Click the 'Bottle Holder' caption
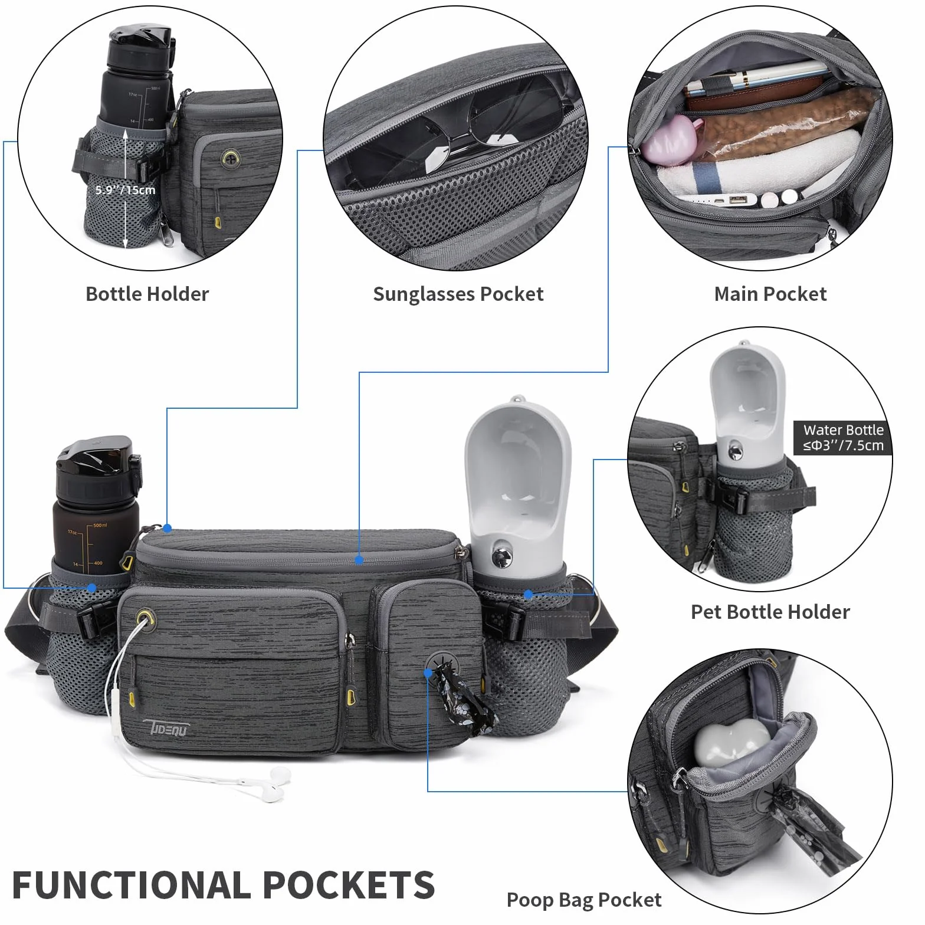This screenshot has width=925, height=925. (147, 294)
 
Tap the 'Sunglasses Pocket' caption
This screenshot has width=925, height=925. (458, 294)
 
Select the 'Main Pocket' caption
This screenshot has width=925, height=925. (770, 294)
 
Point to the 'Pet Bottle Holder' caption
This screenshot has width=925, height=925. (770, 612)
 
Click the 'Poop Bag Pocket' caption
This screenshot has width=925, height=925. (584, 900)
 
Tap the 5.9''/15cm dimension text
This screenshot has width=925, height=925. (126, 190)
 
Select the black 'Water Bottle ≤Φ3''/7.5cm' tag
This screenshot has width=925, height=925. (843, 438)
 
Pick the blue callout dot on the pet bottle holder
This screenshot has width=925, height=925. (529, 595)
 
